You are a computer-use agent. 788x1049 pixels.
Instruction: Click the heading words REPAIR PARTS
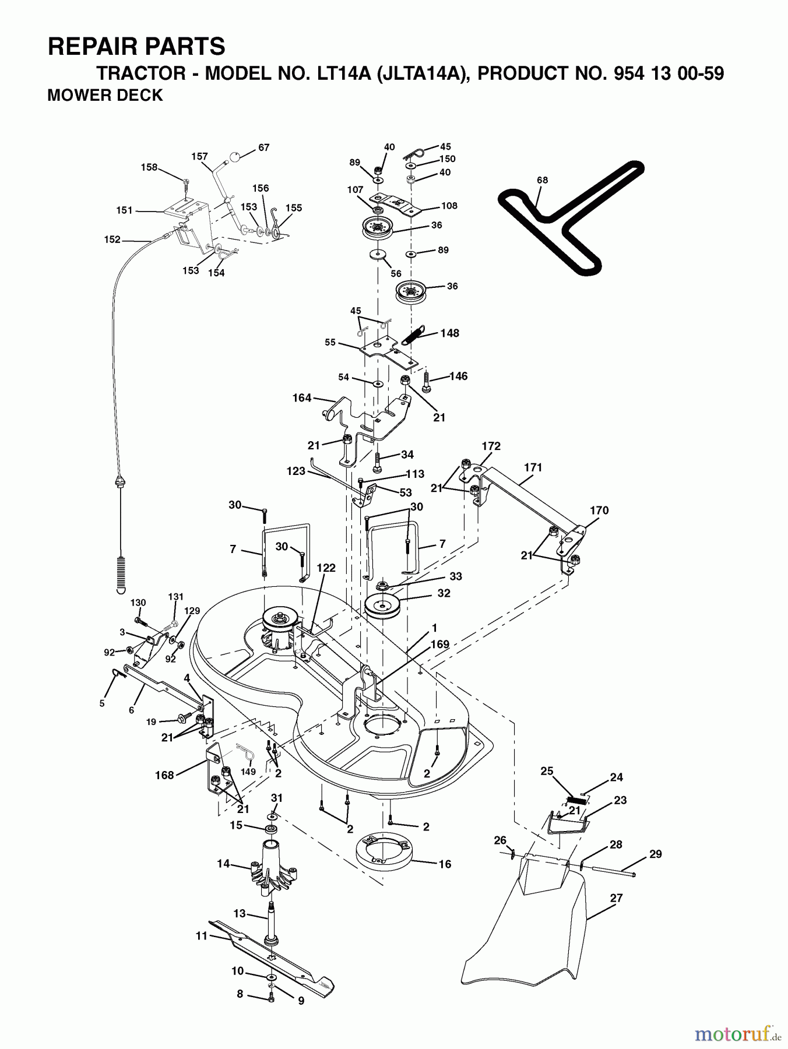[136, 46]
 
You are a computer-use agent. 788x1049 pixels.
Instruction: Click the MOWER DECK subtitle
[105, 96]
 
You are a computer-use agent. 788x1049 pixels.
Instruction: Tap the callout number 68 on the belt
[542, 180]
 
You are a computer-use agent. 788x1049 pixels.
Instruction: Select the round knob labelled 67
[235, 156]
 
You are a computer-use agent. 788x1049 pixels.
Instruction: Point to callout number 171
[533, 467]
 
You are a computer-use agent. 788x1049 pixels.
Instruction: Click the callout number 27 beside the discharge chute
[616, 898]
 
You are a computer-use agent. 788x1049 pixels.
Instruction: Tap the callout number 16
[445, 864]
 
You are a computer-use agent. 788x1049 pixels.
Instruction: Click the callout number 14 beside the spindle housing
[223, 864]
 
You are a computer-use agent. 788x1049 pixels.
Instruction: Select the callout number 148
[450, 333]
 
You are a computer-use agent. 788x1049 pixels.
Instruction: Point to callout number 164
[301, 399]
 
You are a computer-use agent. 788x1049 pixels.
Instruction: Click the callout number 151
[125, 210]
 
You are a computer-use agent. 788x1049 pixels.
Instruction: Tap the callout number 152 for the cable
[112, 240]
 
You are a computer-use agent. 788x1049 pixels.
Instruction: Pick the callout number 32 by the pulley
[444, 593]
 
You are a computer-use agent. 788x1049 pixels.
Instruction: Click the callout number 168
[164, 775]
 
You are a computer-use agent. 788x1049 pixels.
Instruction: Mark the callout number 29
[655, 854]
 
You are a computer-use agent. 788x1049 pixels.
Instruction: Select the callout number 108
[449, 206]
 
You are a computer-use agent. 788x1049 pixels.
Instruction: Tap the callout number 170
[599, 511]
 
